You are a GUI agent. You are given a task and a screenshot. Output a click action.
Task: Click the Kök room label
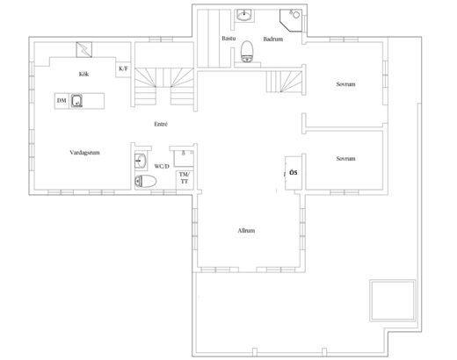(83, 74)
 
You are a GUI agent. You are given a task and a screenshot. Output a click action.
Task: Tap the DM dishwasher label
(62, 101)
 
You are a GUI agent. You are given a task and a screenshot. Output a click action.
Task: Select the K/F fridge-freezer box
(123, 69)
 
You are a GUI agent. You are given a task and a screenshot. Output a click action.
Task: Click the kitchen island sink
(76, 101)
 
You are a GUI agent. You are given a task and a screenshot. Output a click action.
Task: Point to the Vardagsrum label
(84, 153)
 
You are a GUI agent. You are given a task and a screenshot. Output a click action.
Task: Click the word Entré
(161, 124)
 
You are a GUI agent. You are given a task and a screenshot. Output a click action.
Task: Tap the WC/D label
(162, 167)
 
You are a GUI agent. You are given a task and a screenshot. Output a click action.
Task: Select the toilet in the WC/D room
(146, 181)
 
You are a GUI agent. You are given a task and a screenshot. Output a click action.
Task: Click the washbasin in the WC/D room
(141, 161)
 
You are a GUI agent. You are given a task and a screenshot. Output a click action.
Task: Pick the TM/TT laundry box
(185, 178)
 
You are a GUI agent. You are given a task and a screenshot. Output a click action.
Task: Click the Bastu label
(228, 39)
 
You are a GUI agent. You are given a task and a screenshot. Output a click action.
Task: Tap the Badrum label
(273, 39)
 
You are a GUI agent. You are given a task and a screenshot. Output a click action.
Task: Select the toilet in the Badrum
(247, 51)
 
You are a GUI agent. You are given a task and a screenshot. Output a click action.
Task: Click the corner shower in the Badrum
(291, 20)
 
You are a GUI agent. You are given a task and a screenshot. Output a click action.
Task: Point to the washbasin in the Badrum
(244, 15)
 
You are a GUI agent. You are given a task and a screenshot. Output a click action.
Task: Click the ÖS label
(294, 173)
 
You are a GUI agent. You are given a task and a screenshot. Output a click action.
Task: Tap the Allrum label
(246, 231)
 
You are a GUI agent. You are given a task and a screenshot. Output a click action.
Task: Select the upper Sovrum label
(345, 84)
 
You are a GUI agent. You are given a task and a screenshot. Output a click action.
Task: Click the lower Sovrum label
(345, 159)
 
